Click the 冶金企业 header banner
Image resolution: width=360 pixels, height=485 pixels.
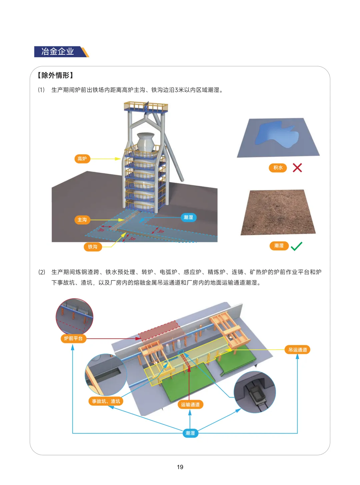(x=61, y=52)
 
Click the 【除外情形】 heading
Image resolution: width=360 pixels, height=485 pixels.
(x=55, y=75)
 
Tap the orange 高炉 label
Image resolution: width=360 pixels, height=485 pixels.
(x=82, y=159)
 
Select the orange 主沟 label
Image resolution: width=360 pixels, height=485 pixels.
(x=82, y=220)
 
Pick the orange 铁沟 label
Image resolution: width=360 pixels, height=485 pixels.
(x=93, y=247)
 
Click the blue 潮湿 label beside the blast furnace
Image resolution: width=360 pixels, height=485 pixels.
(x=188, y=217)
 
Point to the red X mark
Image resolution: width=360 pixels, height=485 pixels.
(x=297, y=168)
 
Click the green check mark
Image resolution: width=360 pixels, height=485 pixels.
(x=297, y=246)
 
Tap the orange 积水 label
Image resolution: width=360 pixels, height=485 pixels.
(x=278, y=168)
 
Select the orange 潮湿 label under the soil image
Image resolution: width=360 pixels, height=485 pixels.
(x=279, y=246)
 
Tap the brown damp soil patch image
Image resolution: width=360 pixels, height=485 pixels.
(x=278, y=212)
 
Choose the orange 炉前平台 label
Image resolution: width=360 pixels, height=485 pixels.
(x=73, y=338)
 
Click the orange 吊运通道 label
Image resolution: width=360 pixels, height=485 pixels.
(x=297, y=350)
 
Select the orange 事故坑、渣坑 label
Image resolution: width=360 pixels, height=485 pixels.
(x=106, y=401)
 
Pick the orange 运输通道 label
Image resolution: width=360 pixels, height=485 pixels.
(x=190, y=405)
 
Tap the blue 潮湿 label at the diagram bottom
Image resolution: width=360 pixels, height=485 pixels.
(x=190, y=433)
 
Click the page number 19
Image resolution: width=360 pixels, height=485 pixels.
(x=180, y=467)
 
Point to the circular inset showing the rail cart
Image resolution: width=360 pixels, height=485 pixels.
(x=255, y=392)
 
